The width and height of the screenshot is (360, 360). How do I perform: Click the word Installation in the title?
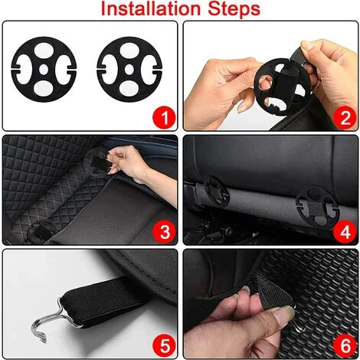point(150,8)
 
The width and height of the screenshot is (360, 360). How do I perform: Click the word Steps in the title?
point(234,9)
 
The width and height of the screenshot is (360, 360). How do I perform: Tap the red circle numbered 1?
point(164,118)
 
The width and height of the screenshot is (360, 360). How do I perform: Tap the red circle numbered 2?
point(345,118)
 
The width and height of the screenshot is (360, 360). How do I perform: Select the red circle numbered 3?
point(165,232)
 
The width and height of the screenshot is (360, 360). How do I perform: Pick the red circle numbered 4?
point(345,232)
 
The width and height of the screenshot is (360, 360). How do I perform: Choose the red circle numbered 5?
point(165,345)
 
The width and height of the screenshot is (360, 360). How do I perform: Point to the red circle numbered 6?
point(345,345)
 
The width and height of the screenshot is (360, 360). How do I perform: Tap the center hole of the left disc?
point(44,69)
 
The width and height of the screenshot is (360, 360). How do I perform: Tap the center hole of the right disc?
point(129,69)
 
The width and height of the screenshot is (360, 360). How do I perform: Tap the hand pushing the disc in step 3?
point(133,163)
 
